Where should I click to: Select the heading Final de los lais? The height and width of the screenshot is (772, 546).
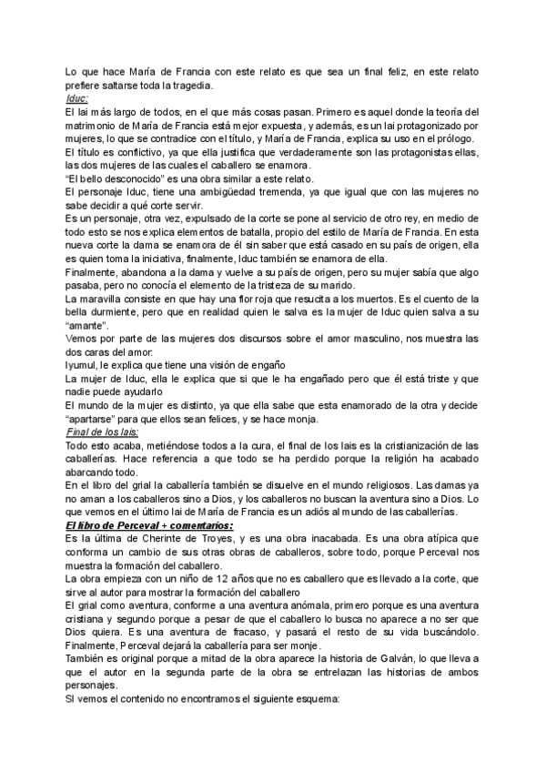tap(101, 432)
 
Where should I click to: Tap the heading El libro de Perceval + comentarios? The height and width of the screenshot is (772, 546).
tap(136, 525)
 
